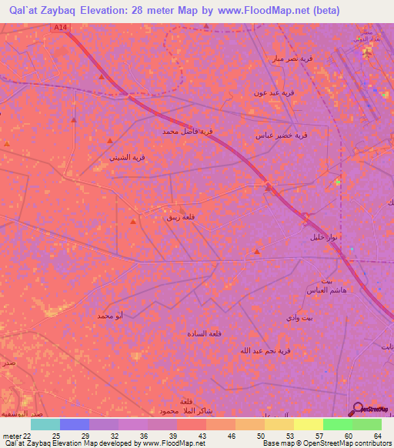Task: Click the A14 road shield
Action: coord(61,28)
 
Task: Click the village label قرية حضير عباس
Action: coord(282,135)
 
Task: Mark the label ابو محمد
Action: coord(110,316)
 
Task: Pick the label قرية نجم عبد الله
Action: coord(265,350)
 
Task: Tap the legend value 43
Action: coord(203,436)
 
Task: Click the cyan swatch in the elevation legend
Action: coord(45,424)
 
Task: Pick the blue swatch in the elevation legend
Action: coord(75,424)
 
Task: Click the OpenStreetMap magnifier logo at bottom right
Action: coord(356,409)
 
